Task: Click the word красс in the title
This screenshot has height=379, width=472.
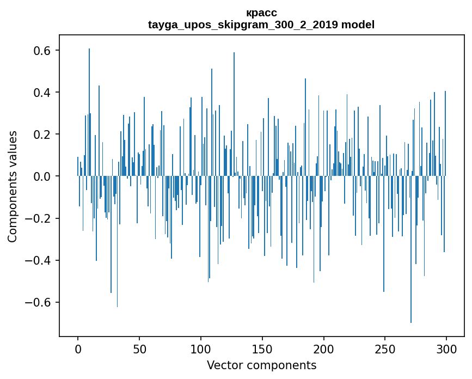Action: click(x=261, y=13)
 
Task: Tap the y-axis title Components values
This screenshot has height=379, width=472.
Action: click(x=13, y=186)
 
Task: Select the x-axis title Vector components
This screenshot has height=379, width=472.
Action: click(x=261, y=365)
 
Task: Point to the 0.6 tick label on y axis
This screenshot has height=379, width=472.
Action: click(x=43, y=51)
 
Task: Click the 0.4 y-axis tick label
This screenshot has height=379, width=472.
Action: click(x=43, y=93)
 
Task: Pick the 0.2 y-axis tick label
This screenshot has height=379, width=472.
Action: click(x=43, y=135)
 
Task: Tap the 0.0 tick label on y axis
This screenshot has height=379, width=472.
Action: click(x=43, y=176)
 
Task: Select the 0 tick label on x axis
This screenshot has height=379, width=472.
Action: click(x=78, y=348)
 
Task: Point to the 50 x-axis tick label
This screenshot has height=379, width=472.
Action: click(x=139, y=348)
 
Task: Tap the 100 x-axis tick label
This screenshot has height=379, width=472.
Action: click(x=201, y=348)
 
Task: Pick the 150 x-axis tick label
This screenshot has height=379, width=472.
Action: click(x=262, y=348)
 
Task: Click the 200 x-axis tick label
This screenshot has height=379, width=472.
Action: click(x=324, y=348)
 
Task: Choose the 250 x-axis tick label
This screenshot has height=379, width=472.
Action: click(x=385, y=348)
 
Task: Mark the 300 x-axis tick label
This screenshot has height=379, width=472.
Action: click(x=447, y=348)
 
